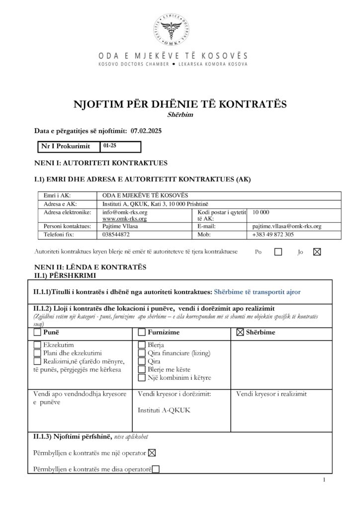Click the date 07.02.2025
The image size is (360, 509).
147,131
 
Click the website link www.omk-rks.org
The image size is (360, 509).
124,219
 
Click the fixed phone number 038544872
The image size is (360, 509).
116,234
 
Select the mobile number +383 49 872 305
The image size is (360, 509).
273,234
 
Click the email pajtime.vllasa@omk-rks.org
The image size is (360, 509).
287,226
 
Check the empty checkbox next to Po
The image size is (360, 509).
278,252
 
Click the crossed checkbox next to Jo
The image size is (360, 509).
316,252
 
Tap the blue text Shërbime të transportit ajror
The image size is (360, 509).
257,292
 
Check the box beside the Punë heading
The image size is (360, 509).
38,332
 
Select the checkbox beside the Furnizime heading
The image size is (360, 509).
142,332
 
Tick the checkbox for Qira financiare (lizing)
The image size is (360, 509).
142,353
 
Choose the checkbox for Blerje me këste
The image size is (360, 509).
142,370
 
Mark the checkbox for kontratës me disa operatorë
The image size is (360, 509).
156,468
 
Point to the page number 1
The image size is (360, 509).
324,480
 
